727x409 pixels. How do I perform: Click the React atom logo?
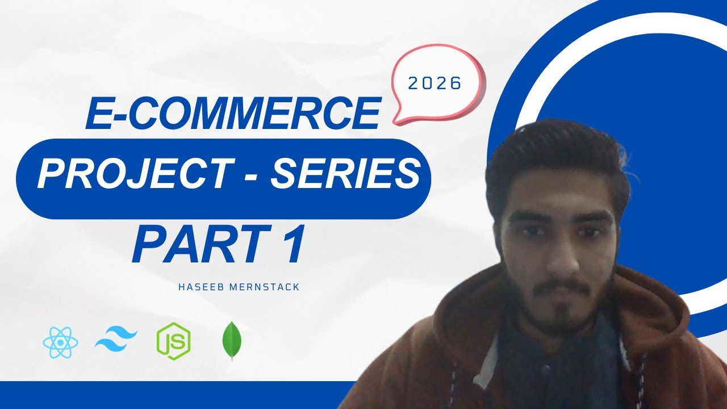(60, 341)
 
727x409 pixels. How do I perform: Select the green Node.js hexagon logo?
(173, 341)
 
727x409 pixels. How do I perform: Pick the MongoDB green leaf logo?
(231, 341)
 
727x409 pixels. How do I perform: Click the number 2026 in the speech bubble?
(435, 84)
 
